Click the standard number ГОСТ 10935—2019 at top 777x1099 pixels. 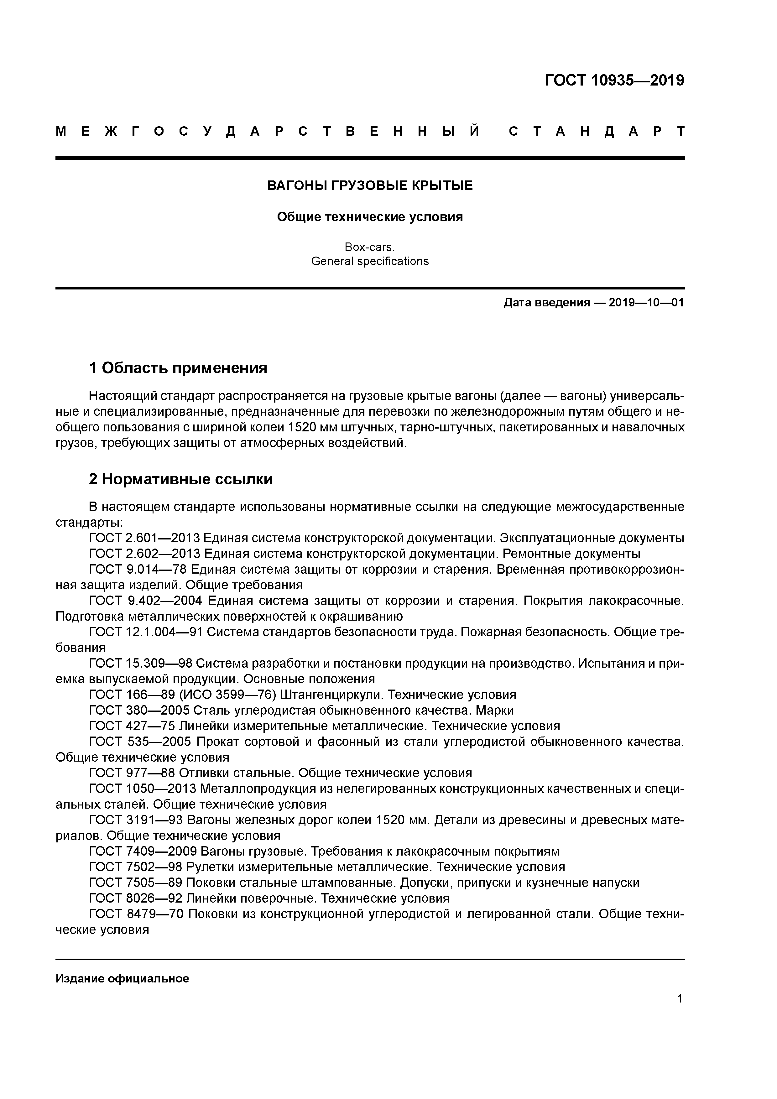[x=615, y=81]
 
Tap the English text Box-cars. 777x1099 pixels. [x=370, y=247]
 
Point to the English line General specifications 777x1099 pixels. [x=370, y=261]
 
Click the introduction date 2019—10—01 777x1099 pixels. [x=646, y=303]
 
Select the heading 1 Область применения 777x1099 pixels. [x=178, y=368]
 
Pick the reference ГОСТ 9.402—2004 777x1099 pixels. [x=146, y=601]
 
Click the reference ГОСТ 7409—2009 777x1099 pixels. [x=143, y=852]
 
